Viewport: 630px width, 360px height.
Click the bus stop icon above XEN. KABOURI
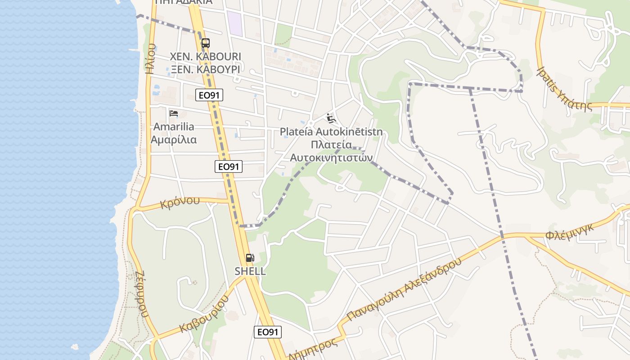205,43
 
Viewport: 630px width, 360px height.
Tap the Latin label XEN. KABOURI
205,57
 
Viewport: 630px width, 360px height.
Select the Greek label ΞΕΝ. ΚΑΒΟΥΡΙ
205,69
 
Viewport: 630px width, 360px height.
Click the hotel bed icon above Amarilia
174,113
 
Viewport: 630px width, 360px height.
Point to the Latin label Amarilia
174,126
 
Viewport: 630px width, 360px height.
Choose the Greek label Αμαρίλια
174,139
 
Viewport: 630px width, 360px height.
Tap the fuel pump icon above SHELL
250,258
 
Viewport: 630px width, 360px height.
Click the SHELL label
250,271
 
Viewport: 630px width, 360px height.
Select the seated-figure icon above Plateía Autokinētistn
331,118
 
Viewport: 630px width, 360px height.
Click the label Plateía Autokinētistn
331,132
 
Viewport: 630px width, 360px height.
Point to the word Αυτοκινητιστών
331,157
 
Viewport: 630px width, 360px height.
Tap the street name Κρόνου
180,202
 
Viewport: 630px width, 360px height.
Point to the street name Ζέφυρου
140,295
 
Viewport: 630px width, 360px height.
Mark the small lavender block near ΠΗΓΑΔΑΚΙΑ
234,23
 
